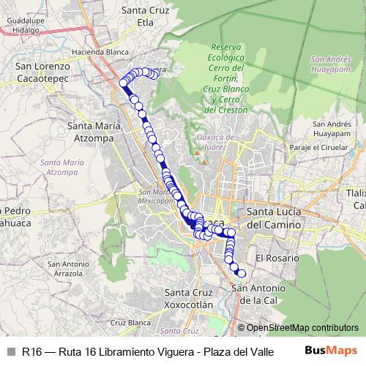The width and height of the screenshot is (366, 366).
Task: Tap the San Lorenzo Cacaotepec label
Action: click(x=43, y=71)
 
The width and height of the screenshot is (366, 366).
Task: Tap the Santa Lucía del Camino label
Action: click(x=274, y=218)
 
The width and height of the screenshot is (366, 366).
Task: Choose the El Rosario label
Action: click(x=277, y=258)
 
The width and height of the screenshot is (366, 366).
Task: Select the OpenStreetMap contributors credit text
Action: click(x=302, y=328)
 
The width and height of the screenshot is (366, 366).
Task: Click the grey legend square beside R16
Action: click(x=11, y=351)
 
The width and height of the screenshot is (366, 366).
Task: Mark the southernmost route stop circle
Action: click(x=242, y=273)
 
